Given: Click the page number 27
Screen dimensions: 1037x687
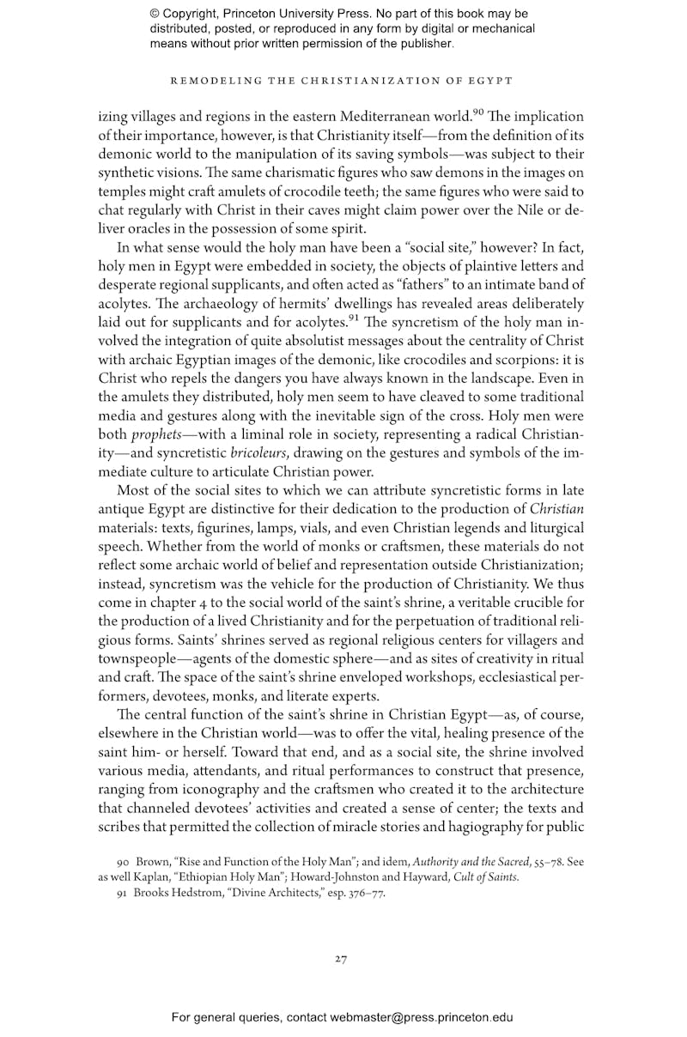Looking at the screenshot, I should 341,959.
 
